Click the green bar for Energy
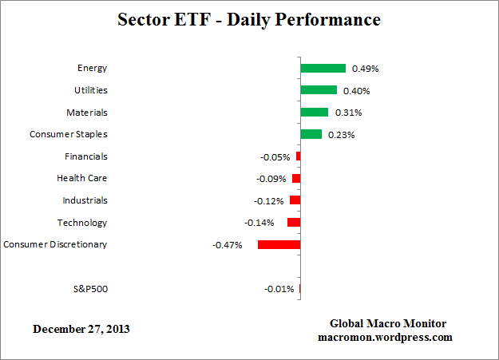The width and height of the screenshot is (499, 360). click(323, 69)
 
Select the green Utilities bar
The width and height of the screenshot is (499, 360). click(319, 90)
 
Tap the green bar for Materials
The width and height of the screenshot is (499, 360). click(314, 113)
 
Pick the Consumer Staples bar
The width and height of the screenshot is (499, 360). click(311, 134)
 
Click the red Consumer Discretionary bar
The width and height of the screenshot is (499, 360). click(279, 244)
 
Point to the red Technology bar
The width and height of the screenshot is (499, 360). click(293, 223)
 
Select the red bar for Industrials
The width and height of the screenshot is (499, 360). click(295, 200)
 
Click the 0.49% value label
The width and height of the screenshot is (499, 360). click(365, 69)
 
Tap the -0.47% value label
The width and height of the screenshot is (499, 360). click(228, 244)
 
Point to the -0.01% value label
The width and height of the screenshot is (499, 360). click(279, 289)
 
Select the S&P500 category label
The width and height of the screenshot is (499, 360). click(89, 288)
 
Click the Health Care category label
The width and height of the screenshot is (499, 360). click(81, 178)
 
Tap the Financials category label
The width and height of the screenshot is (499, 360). click(85, 156)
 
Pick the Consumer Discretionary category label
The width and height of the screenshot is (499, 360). click(55, 244)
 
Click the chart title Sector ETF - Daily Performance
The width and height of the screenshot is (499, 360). click(249, 18)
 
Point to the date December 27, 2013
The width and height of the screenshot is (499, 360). click(81, 329)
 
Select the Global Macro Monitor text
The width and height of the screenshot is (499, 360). click(387, 323)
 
